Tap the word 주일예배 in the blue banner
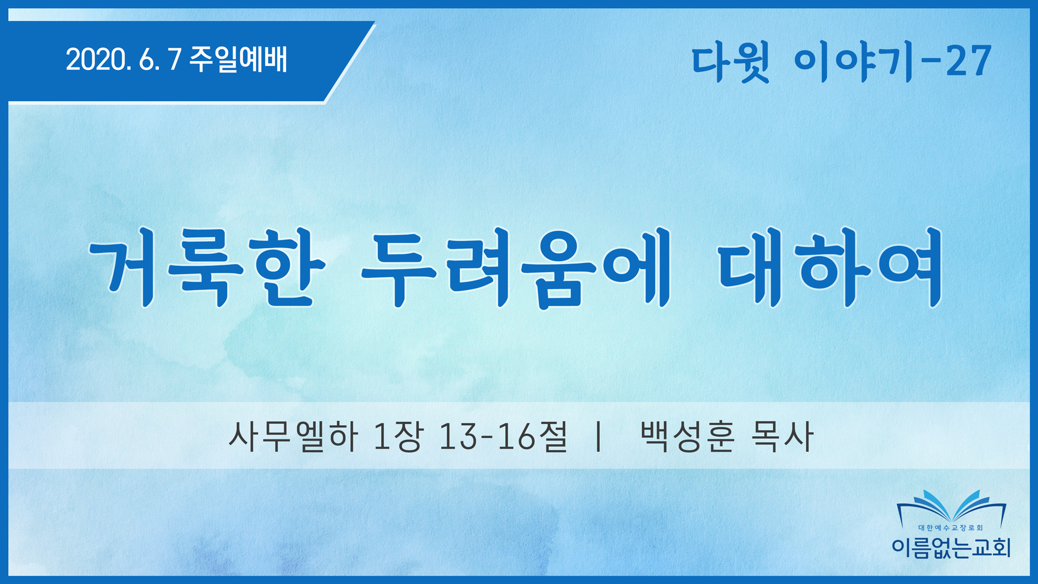coord(238,59)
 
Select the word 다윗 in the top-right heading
coord(730,63)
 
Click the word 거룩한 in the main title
coord(208,268)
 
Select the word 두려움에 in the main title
coord(516,268)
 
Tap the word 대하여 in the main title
coord(830,268)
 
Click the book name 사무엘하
coord(293,437)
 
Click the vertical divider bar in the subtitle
coord(599,437)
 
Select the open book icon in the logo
coord(951,507)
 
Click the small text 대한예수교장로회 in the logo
coord(951,528)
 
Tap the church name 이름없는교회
coord(951,548)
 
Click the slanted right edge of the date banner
coord(350,62)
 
